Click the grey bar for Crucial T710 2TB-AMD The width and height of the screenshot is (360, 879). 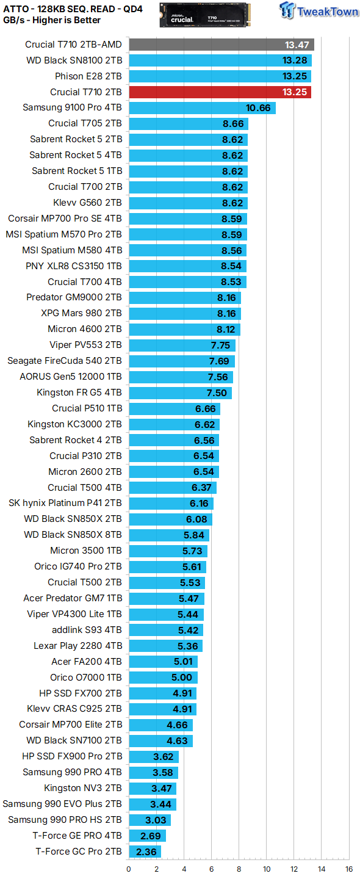(221, 45)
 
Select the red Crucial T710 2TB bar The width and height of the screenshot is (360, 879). (220, 92)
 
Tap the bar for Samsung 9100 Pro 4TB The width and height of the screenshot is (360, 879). (202, 108)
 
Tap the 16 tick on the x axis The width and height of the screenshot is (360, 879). (348, 869)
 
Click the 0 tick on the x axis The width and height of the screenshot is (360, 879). (129, 869)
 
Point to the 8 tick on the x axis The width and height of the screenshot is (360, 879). (239, 869)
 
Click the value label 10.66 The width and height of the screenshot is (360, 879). (258, 108)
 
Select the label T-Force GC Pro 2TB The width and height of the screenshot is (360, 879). (79, 852)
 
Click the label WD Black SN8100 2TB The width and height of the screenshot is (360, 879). (74, 60)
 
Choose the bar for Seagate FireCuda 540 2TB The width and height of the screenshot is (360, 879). (181, 361)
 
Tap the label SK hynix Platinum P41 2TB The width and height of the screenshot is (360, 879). (65, 504)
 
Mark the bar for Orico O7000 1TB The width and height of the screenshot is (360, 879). (162, 677)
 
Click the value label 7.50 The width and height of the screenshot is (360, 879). (216, 392)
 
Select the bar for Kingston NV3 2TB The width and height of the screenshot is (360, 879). (153, 788)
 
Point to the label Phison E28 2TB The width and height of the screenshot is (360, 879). (85, 76)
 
